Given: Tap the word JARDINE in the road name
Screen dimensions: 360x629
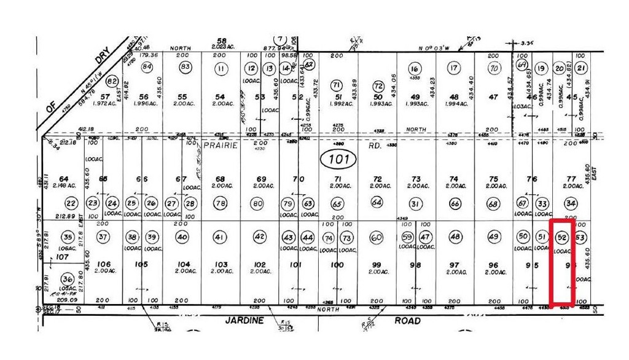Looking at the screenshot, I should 245,321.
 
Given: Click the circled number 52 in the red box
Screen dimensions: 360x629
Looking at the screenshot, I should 561,237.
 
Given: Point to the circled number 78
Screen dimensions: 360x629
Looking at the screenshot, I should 221,203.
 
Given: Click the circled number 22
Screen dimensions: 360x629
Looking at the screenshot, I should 71,204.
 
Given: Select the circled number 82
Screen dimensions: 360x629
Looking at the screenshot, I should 112,81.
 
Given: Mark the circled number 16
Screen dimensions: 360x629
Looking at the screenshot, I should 416,69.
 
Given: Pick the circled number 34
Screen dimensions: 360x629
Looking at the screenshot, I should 571,203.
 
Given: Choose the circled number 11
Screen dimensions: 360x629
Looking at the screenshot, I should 221,69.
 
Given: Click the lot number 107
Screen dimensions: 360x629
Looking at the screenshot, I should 61,257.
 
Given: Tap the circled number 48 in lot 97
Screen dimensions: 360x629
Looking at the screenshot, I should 455,237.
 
